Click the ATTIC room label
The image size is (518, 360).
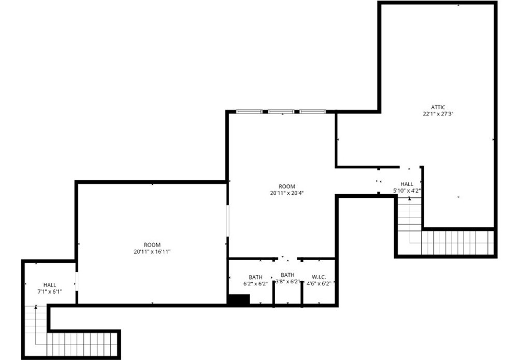438,107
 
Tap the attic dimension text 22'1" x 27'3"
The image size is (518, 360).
438,114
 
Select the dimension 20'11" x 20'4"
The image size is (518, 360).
287,193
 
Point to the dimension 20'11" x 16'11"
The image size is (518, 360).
152,252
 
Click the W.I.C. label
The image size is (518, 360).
319,277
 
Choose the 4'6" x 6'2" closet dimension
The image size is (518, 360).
319,283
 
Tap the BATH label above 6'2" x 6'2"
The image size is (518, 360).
256,277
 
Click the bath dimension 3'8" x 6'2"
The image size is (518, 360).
287,281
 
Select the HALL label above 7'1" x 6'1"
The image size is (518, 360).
50,285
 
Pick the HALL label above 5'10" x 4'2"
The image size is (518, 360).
407,184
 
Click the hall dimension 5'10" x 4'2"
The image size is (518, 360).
407,191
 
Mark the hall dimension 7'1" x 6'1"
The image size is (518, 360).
50,292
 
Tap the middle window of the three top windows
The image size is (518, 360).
281,112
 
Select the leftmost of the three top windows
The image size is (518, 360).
249,112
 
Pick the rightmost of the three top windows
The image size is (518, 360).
312,112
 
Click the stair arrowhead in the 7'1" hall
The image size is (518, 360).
36,307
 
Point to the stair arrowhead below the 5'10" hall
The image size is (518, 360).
410,198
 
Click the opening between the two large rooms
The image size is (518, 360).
227,221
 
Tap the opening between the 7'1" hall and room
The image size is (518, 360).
77,281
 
